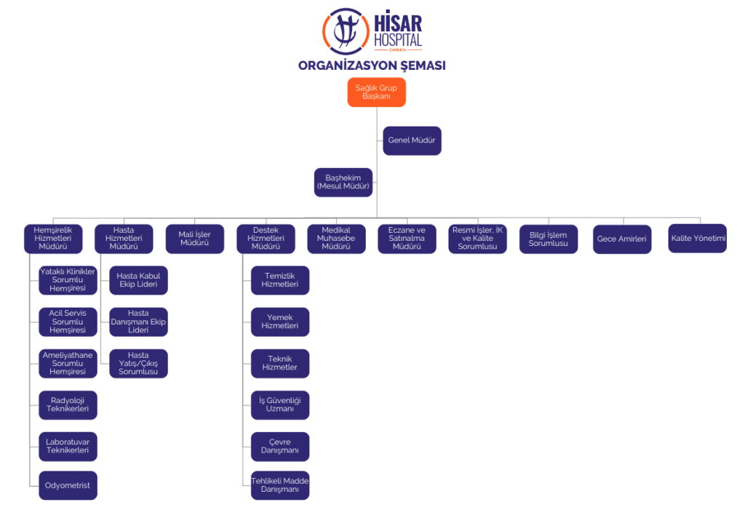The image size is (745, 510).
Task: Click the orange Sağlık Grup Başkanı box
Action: (x=376, y=92)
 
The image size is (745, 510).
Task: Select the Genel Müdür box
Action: (x=412, y=140)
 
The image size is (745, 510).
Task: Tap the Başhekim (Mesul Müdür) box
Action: (x=343, y=183)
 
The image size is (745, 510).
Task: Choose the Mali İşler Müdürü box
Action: (x=194, y=239)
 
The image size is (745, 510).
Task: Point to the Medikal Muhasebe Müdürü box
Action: (x=336, y=239)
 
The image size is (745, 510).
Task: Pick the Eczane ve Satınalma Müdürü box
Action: (x=407, y=239)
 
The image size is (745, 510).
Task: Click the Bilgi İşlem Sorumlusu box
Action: (x=549, y=239)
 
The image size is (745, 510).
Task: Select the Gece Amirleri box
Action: (x=622, y=239)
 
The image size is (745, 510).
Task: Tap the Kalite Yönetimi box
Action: (x=698, y=239)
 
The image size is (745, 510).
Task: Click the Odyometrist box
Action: (x=68, y=485)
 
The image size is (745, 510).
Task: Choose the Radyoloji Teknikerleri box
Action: (x=68, y=405)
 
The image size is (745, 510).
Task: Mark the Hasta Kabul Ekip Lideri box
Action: (x=138, y=280)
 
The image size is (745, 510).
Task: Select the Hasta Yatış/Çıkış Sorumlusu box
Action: (x=138, y=364)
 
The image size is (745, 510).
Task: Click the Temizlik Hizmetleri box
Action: (x=280, y=280)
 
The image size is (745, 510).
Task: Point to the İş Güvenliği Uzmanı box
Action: (x=280, y=405)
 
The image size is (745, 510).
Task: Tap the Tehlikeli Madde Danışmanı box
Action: (x=280, y=485)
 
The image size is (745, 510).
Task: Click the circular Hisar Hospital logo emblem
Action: (x=346, y=31)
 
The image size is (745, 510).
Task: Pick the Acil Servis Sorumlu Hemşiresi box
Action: (x=68, y=322)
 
